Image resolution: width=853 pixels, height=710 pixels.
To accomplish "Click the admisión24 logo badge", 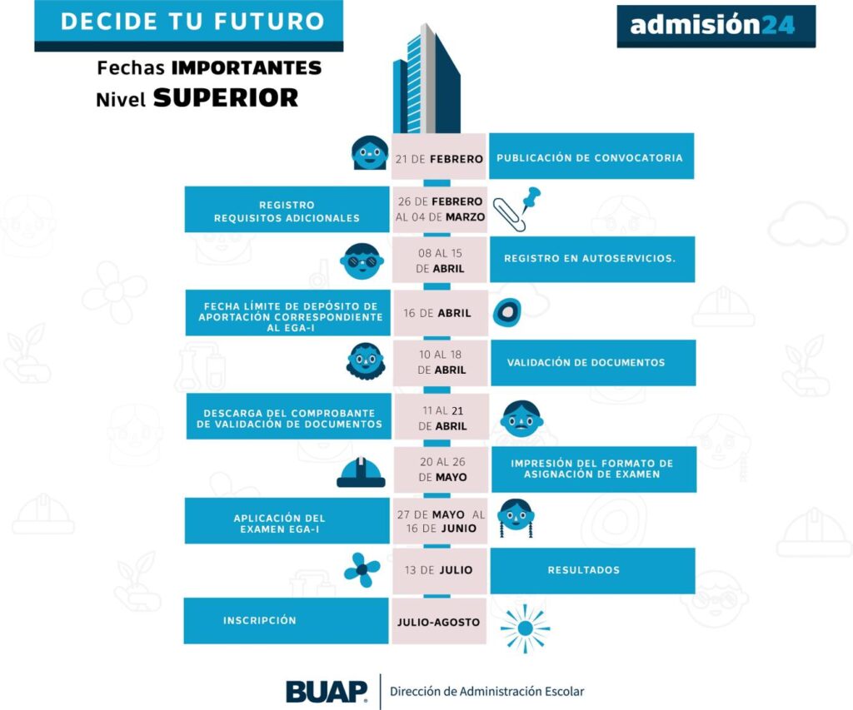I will (x=716, y=26).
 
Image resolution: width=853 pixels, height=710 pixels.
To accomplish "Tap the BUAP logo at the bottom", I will (x=327, y=691).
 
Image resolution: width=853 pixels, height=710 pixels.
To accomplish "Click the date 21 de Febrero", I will (x=439, y=158).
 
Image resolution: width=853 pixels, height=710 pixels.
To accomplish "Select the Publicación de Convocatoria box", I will (x=591, y=156).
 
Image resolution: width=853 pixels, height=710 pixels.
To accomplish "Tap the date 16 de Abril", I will (x=439, y=313).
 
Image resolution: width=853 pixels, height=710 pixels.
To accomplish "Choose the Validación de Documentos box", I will (x=592, y=363).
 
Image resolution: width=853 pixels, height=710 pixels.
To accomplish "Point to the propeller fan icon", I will (x=362, y=570).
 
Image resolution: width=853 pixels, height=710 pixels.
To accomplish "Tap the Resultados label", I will (x=591, y=570).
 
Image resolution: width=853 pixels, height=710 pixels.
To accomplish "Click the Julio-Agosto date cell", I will (x=439, y=621).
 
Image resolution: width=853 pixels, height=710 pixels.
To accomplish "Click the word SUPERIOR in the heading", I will (x=226, y=98).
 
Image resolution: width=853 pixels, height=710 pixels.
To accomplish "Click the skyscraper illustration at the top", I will (x=426, y=79).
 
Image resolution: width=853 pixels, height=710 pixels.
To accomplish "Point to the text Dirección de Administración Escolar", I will (x=487, y=691).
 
